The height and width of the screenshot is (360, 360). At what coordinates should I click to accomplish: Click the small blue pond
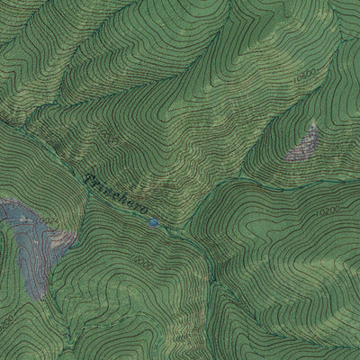click(154, 220)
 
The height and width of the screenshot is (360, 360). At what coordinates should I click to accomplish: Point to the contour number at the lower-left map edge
click(7, 320)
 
